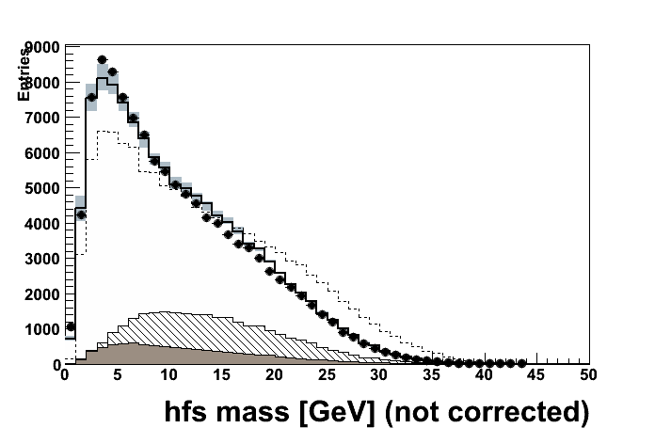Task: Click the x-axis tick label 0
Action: (64, 374)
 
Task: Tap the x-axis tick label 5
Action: (117, 374)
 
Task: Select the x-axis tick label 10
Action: (169, 374)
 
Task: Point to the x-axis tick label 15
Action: (222, 374)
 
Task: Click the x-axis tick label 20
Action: (274, 374)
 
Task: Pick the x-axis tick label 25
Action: (327, 374)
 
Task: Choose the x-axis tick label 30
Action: (379, 374)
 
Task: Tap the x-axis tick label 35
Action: (432, 374)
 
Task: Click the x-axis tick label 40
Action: (484, 374)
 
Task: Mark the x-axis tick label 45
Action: (536, 374)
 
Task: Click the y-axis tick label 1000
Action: (43, 329)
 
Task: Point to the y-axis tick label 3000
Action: (43, 259)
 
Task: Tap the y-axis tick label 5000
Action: (43, 188)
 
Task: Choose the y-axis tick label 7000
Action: (43, 118)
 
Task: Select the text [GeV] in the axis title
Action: (333, 413)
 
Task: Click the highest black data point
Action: (102, 60)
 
